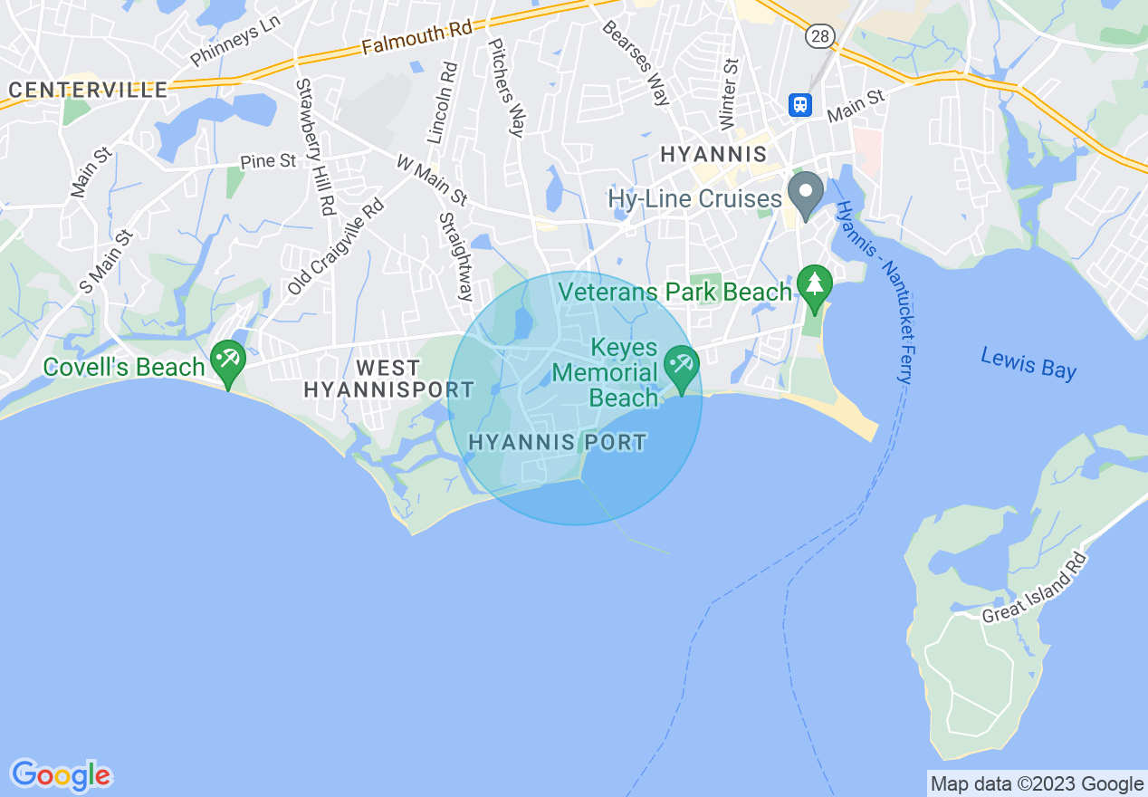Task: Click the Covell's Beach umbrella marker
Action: point(226,360)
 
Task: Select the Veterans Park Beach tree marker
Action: point(815,284)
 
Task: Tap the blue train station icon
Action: point(799,105)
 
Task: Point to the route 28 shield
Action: point(818,34)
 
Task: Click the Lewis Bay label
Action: point(1028,364)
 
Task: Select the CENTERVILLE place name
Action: point(88,90)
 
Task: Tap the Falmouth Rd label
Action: point(416,39)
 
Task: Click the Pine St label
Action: point(268,161)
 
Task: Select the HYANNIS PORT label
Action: point(558,443)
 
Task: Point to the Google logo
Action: point(61,775)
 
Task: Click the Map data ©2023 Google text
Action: point(1038,784)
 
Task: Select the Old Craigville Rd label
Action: point(336,245)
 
